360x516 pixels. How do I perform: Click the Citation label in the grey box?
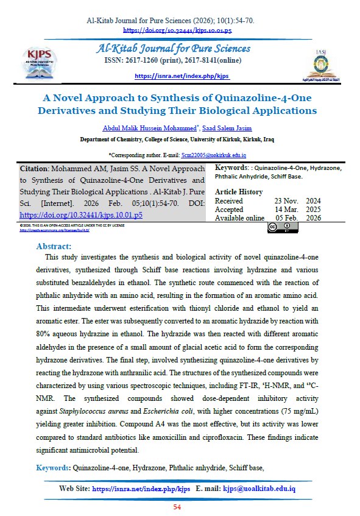click(38, 169)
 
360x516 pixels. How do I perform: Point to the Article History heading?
click(239, 192)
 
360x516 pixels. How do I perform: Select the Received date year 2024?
click(312, 200)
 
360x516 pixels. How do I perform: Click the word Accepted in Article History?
click(230, 209)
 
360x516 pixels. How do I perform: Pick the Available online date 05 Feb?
click(289, 217)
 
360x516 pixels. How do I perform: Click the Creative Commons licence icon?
click(278, 228)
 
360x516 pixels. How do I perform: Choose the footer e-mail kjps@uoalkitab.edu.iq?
click(259, 489)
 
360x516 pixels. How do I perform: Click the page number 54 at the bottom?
click(178, 507)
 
